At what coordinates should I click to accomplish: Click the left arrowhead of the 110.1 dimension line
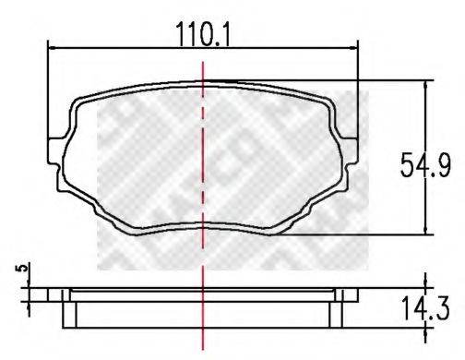click(x=53, y=49)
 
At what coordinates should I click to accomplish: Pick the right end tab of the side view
click(x=350, y=294)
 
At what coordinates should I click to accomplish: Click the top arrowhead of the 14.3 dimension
click(x=425, y=282)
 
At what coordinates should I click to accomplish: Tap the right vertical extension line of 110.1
click(x=360, y=92)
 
